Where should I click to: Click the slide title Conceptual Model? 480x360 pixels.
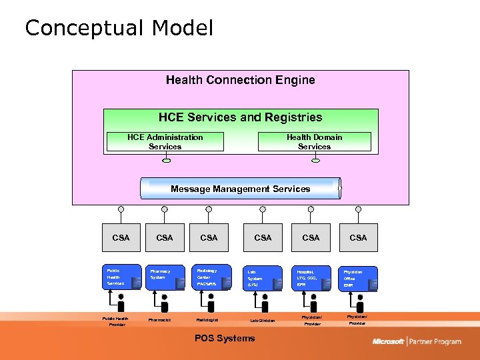(119, 28)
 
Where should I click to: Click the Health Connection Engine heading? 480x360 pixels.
(240, 80)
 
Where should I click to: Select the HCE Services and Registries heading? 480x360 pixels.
(240, 117)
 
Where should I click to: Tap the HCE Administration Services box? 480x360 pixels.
(165, 142)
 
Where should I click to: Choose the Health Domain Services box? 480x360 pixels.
(314, 142)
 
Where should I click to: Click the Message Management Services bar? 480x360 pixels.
(240, 189)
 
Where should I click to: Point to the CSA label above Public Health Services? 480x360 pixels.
(121, 237)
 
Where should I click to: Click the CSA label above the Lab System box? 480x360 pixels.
(263, 237)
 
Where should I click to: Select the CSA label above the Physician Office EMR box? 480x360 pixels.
(358, 237)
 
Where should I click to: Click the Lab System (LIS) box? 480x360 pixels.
(263, 278)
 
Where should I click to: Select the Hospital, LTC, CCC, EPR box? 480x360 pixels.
(311, 278)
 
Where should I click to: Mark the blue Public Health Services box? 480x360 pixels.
(123, 278)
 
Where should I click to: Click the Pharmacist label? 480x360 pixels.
(160, 320)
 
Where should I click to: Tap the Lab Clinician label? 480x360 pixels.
(263, 321)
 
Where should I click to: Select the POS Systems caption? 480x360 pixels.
(224, 338)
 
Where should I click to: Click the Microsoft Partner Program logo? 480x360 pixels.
(417, 341)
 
